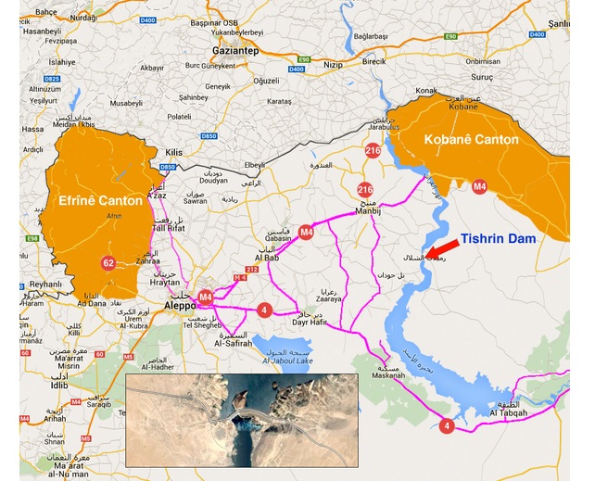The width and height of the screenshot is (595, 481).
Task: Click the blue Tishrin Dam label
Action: click(511, 238)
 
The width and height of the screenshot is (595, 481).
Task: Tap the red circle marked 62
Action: click(108, 263)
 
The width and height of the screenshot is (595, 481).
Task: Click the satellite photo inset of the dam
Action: click(241, 420)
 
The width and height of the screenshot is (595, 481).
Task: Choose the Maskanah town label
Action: click(388, 378)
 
